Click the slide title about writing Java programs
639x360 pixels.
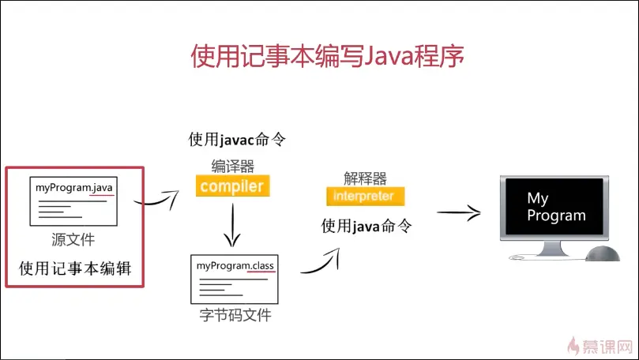[x=327, y=57]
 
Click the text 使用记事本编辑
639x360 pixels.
[x=75, y=268]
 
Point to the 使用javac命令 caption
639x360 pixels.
[x=236, y=140]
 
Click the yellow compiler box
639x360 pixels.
[x=231, y=186]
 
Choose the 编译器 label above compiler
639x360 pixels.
[x=232, y=166]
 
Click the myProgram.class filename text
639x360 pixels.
[x=235, y=266]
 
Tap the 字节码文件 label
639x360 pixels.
[x=235, y=316]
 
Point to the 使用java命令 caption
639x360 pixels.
[x=366, y=225]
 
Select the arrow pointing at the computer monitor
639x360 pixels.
[x=459, y=212]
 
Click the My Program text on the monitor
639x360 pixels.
[x=556, y=207]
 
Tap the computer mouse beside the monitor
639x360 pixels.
[x=603, y=253]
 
